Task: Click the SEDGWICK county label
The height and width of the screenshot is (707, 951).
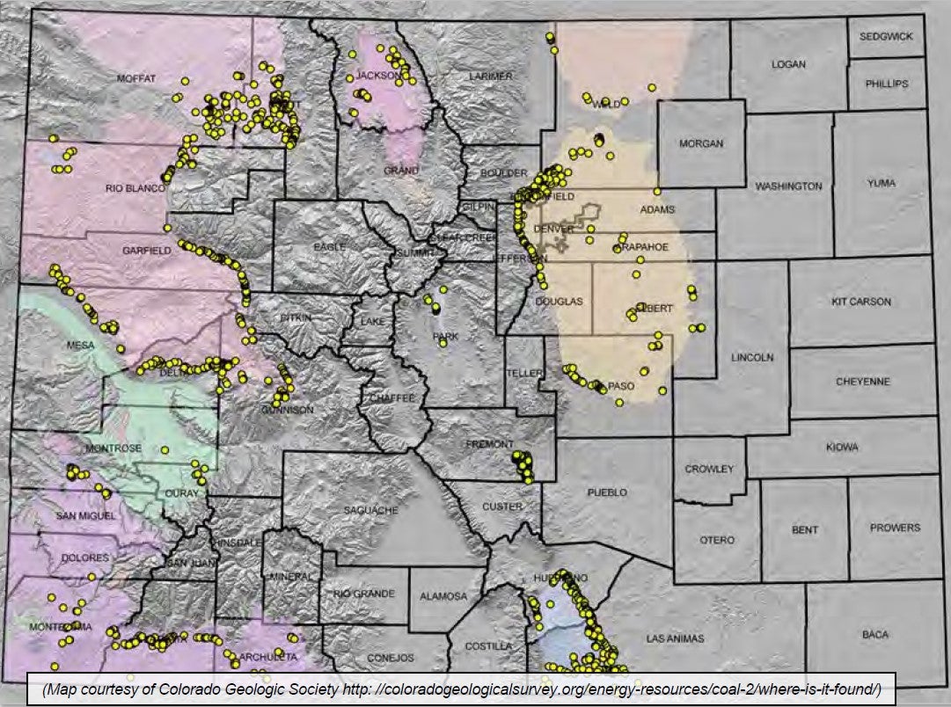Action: [887, 36]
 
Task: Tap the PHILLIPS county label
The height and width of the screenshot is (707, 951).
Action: [887, 84]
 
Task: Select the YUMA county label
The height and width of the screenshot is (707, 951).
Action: [881, 183]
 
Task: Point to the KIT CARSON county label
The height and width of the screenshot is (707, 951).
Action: [860, 302]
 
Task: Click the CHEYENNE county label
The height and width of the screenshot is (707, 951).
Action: [862, 382]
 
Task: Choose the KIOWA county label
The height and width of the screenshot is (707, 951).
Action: [842, 448]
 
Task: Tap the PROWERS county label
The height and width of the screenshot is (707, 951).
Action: [895, 528]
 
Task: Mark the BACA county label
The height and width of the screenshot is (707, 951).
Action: [874, 634]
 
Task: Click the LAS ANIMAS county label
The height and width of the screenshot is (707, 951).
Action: [675, 638]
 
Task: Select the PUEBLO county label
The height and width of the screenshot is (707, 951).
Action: [608, 492]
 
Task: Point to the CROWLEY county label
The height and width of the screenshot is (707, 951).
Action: [708, 469]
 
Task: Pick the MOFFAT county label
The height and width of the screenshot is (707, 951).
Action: [135, 78]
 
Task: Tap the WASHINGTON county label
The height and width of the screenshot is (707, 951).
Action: [788, 186]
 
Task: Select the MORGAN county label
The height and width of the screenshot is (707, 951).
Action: [700, 143]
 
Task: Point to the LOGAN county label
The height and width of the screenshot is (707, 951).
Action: [788, 64]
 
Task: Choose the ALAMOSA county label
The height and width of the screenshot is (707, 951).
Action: [443, 596]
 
